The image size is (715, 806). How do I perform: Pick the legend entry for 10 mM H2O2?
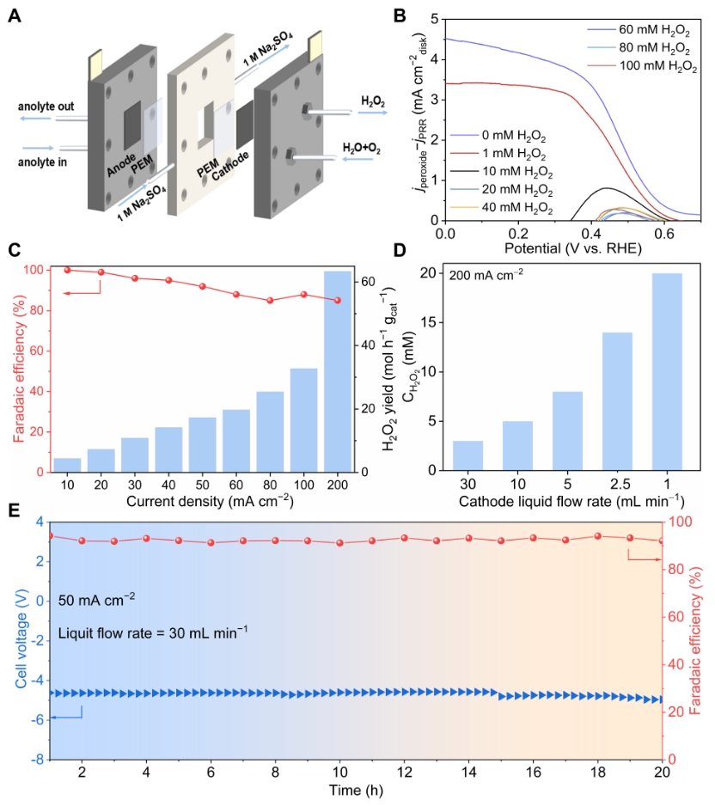tap(510, 174)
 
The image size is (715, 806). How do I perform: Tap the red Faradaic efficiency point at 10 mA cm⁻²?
tap(67, 270)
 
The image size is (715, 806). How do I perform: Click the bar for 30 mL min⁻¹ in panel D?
tap(467, 455)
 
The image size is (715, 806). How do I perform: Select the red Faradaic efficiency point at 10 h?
tap(340, 543)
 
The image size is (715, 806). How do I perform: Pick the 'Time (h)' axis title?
tap(356, 791)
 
